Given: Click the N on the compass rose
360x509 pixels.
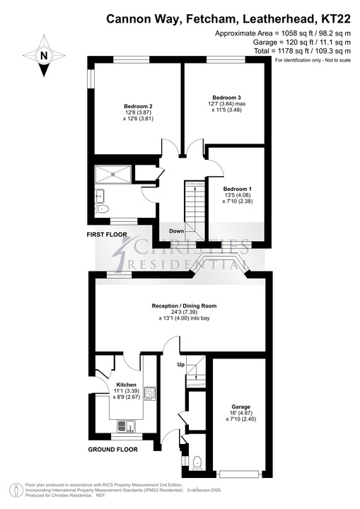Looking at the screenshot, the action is click(44, 56).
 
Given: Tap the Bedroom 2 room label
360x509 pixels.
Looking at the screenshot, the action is click(138, 106).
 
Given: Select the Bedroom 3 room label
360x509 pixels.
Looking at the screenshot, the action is click(226, 98).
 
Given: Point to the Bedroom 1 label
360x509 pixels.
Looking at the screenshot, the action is click(237, 189).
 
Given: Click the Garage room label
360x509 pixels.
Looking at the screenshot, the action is click(240, 406).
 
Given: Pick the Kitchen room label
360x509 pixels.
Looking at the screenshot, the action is click(127, 385).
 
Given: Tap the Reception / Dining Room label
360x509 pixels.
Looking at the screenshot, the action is click(184, 306).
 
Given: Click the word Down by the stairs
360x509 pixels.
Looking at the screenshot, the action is click(176, 231).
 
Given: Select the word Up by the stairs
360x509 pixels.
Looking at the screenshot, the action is click(181, 365).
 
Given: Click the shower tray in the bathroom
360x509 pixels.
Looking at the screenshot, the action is click(113, 175).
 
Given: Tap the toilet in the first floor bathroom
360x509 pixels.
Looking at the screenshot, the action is click(103, 209).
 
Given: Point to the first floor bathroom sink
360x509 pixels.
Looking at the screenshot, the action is click(100, 196).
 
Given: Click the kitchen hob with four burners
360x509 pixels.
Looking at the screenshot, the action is click(150, 394).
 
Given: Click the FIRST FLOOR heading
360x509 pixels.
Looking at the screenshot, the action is click(107, 235).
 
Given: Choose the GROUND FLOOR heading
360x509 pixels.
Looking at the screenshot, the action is click(112, 450).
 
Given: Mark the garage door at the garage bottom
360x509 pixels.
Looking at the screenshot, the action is click(240, 474).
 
